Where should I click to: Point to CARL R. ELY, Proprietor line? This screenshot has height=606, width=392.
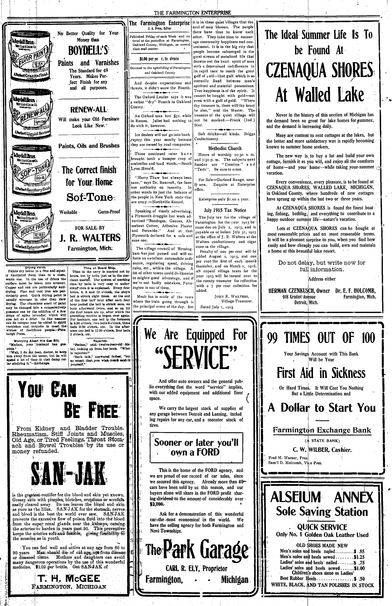196,568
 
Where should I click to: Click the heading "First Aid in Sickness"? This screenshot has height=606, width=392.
321,373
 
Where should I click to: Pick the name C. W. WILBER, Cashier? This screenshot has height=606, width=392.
322,450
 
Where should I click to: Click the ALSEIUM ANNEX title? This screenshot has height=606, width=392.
322,497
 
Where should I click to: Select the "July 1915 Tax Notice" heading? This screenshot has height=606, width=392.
225,210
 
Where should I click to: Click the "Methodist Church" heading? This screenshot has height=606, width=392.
225,148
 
